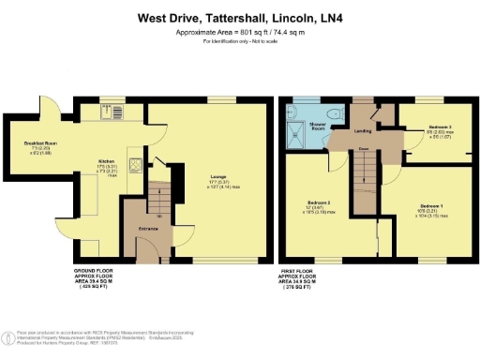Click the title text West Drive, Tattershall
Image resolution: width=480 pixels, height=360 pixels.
(239, 17)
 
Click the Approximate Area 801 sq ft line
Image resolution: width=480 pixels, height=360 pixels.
(239, 33)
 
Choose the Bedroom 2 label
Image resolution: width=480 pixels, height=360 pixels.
(322, 202)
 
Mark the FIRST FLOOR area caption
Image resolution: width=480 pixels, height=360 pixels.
(305, 278)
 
